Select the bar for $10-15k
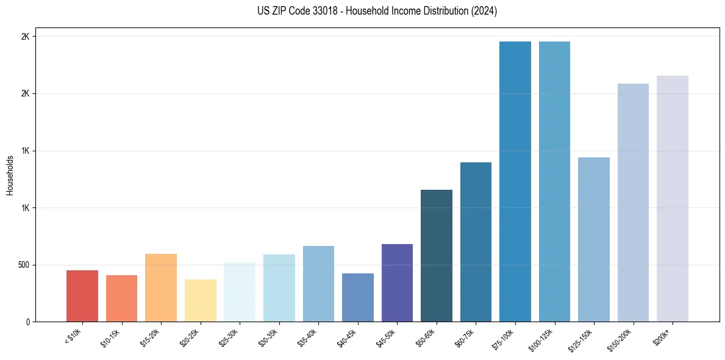(121, 298)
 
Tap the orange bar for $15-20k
(161, 287)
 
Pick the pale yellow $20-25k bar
(200, 300)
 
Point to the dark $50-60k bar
(437, 256)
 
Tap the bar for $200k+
(673, 198)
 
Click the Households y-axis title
(10, 175)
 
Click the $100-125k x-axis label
(543, 339)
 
